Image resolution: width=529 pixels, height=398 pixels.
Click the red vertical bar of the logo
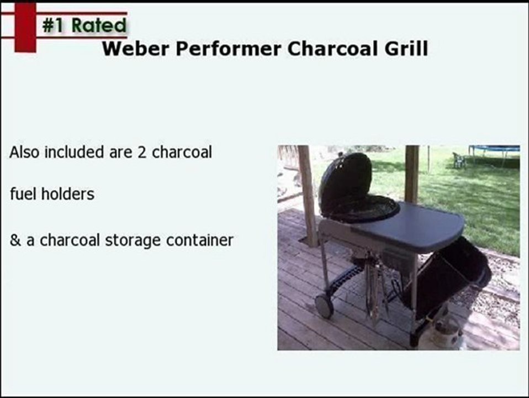pyautogui.click(x=25, y=27)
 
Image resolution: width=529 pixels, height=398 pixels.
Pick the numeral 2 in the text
pyautogui.click(x=142, y=153)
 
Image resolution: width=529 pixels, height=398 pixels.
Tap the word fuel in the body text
pyautogui.click(x=23, y=195)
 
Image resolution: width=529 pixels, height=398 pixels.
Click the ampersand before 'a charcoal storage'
pyautogui.click(x=14, y=240)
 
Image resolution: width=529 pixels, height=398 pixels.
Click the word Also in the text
pyautogui.click(x=25, y=153)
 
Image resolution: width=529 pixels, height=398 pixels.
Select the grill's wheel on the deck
pyautogui.click(x=324, y=305)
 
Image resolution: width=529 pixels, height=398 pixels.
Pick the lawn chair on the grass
pyautogui.click(x=458, y=160)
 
